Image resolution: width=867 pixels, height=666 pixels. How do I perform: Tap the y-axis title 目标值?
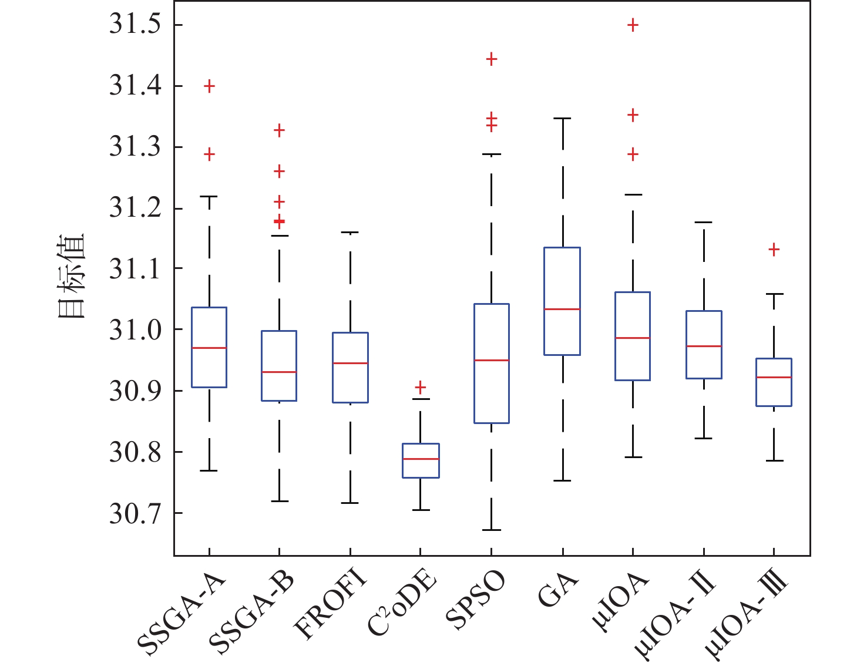coord(72,276)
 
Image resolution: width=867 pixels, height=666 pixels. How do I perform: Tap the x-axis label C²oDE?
coord(404,605)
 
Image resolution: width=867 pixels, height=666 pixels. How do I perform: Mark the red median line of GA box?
coord(562,309)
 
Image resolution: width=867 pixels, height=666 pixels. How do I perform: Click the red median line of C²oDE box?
coord(421,459)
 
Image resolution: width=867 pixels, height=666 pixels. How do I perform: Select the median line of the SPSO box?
coord(492,360)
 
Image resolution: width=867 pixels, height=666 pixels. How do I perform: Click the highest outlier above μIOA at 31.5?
coord(633,25)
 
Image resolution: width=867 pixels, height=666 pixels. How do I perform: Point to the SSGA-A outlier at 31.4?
coord(209,86)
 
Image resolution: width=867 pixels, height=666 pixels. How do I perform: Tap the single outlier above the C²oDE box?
coord(421,387)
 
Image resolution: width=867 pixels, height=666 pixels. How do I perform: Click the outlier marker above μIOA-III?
coord(774,250)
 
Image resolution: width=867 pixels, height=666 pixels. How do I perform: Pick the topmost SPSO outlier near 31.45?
coord(492,59)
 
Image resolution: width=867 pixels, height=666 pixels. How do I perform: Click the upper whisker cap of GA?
coord(562,118)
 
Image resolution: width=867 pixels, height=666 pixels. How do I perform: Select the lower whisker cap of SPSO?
coord(492,530)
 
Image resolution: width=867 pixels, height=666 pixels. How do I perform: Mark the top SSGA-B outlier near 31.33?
coord(280,130)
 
